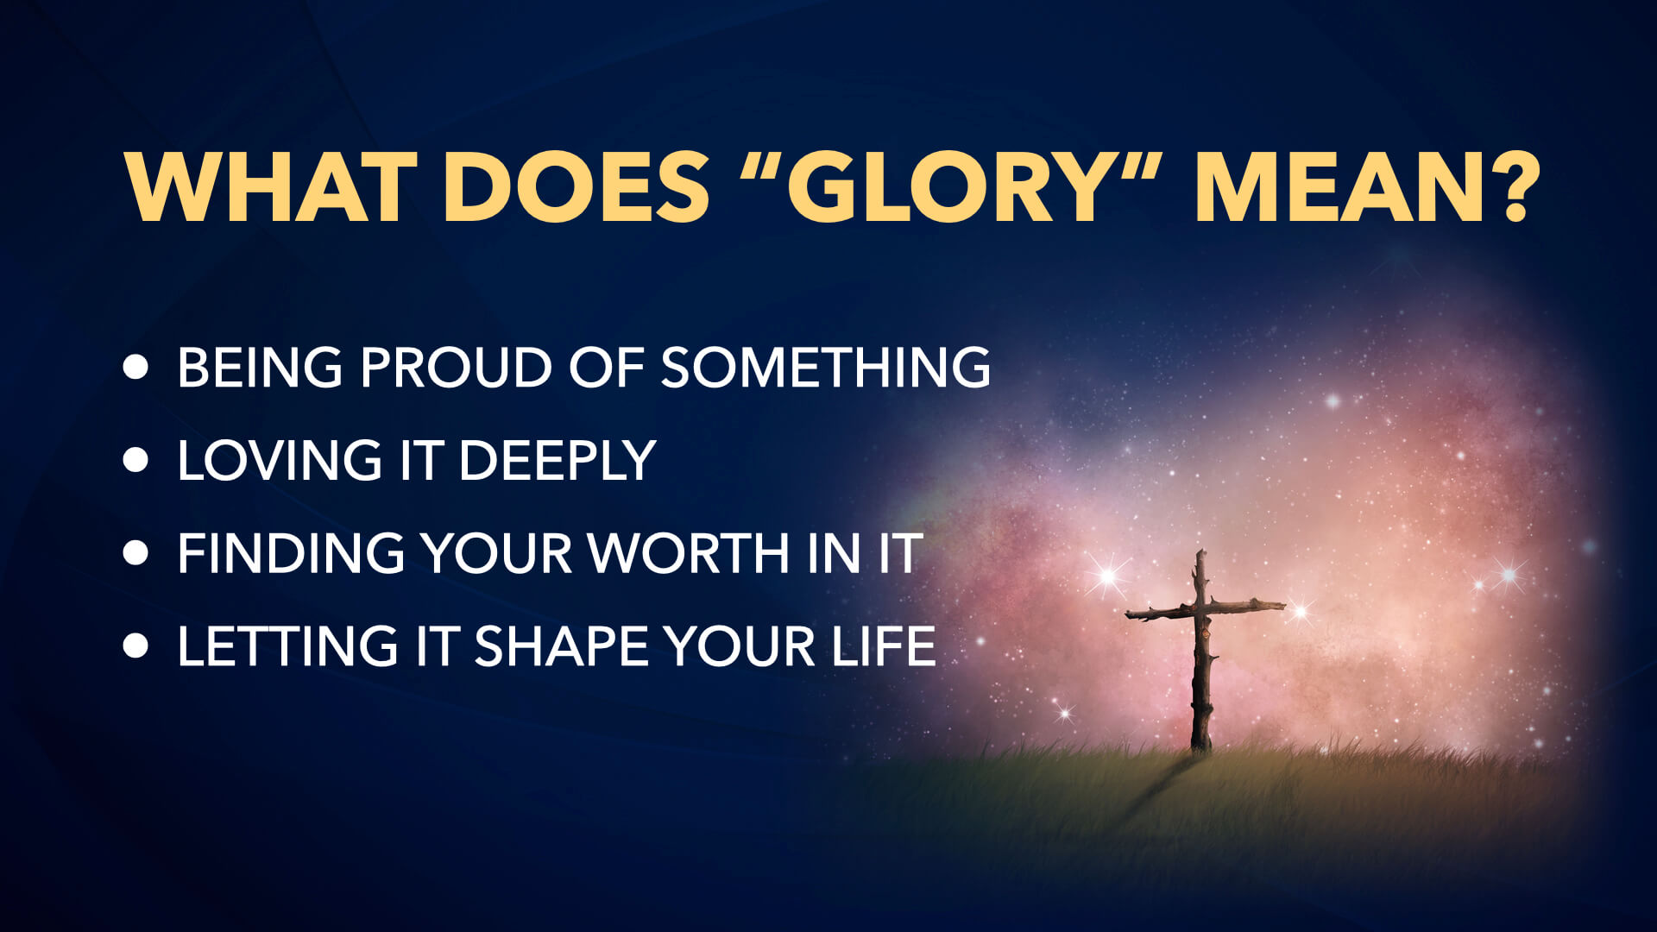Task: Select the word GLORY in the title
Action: click(x=947, y=187)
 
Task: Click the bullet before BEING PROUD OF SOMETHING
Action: click(x=135, y=367)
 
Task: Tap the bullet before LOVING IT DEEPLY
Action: click(x=135, y=460)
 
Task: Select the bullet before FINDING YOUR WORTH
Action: click(x=135, y=553)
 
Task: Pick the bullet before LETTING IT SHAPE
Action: click(x=135, y=645)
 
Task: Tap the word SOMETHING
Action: click(x=825, y=368)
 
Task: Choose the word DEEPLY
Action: click(x=558, y=460)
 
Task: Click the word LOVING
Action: click(x=279, y=460)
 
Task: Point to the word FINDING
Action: click(x=291, y=553)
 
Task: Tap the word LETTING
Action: click(x=287, y=646)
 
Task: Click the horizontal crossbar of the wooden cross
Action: click(x=1205, y=609)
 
